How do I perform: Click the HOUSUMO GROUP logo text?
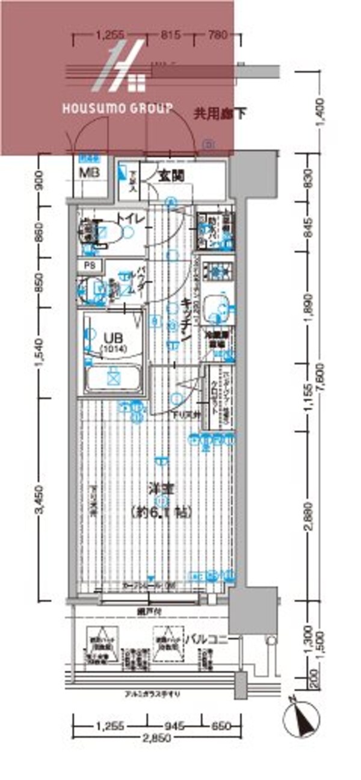(x=118, y=108)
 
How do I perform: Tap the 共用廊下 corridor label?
(x=220, y=113)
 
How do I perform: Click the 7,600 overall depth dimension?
(x=323, y=381)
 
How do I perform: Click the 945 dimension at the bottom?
(x=174, y=726)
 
